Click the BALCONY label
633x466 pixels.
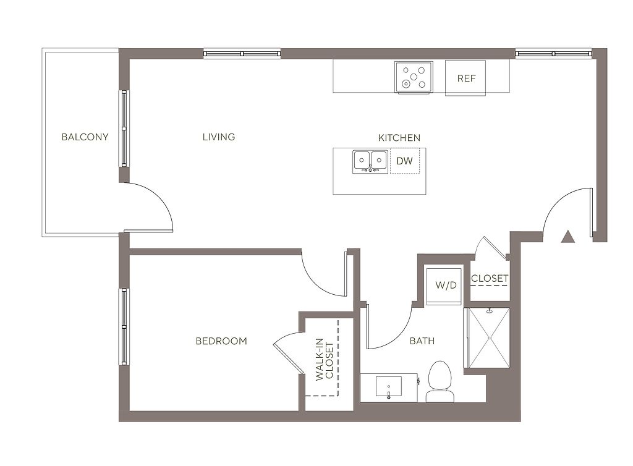[85, 137]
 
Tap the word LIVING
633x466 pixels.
[219, 137]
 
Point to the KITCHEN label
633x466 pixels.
[399, 138]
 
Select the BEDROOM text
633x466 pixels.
[221, 341]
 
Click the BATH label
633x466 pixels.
[422, 341]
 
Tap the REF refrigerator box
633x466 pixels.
[465, 78]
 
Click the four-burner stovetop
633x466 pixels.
[414, 77]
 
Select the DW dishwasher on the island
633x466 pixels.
[405, 161]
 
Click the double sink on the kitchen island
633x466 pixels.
[370, 162]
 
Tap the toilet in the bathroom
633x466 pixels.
[440, 382]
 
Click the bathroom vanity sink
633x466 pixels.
[389, 386]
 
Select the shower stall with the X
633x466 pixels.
[489, 337]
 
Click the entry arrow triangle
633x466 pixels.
[568, 237]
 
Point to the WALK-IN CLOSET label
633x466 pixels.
[325, 360]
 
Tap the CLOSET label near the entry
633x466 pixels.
[490, 278]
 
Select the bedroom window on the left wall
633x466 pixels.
[124, 327]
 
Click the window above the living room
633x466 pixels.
[242, 54]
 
